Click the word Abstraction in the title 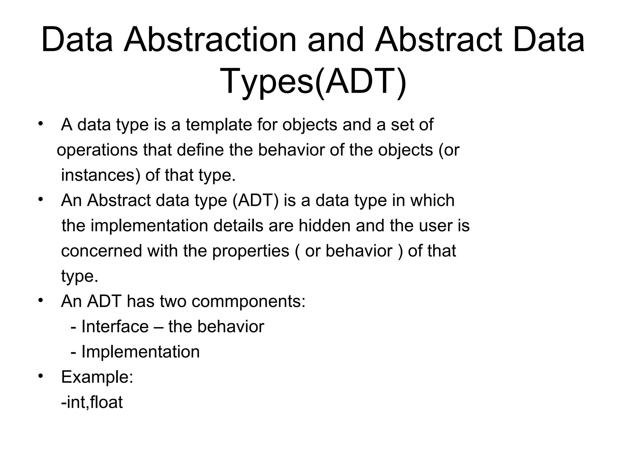click(x=210, y=40)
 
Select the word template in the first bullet click(x=219, y=125)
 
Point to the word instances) click(x=101, y=175)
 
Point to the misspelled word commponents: click(x=248, y=301)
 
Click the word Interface click(x=115, y=326)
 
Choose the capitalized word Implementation click(x=140, y=352)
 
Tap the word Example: click(x=97, y=377)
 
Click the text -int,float click(x=92, y=402)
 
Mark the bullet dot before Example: click(x=40, y=376)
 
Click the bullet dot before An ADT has click(x=40, y=300)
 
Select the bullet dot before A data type click(x=40, y=124)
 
